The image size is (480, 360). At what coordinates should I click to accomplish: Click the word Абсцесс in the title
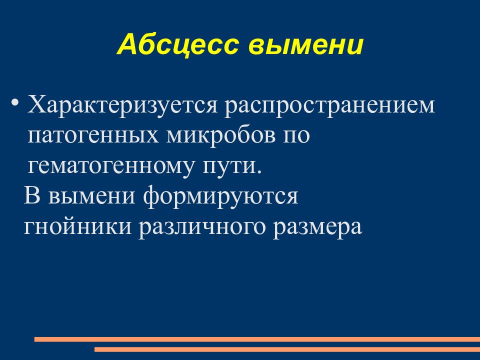(x=178, y=45)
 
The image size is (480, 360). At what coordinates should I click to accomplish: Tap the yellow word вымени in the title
(x=305, y=45)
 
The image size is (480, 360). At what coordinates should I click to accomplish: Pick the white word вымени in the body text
(x=92, y=195)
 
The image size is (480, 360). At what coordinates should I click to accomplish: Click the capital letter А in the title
(x=126, y=45)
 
